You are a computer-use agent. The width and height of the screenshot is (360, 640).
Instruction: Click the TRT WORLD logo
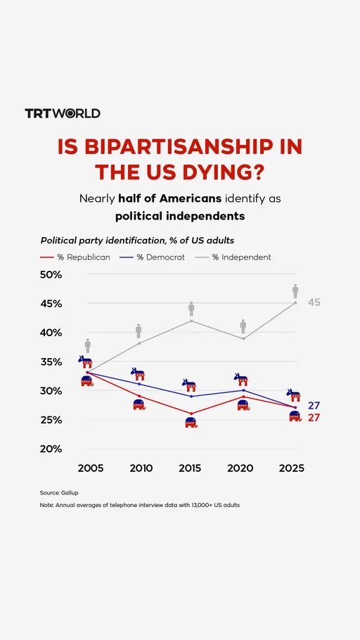[63, 113]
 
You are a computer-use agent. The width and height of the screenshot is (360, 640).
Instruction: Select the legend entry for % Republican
[76, 257]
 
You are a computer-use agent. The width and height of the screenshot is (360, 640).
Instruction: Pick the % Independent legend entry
[232, 257]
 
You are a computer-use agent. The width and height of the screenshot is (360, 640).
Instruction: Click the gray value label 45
[314, 302]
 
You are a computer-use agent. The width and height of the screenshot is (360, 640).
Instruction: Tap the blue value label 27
[314, 406]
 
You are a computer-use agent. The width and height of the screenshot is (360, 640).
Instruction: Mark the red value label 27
[314, 418]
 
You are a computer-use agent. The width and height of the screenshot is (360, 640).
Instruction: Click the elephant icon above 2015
[191, 423]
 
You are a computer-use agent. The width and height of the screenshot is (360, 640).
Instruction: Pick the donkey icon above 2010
[139, 374]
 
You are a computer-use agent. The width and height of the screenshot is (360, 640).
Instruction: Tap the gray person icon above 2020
[243, 326]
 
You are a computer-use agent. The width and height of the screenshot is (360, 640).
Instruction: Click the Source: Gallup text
[59, 492]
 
